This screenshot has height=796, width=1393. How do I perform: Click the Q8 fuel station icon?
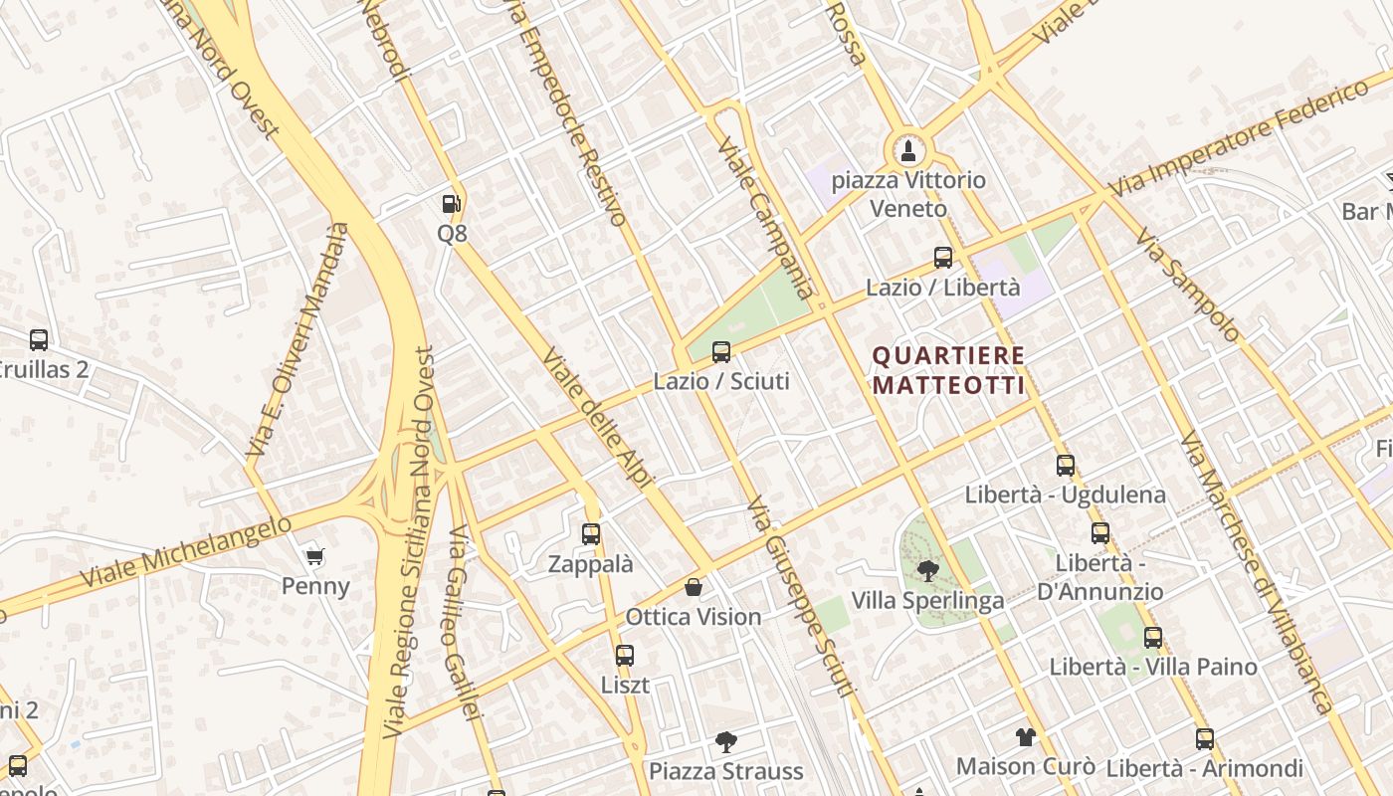452,204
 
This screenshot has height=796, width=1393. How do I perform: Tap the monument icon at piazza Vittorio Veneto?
906,151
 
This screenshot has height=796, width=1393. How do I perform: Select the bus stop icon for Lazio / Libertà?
943,258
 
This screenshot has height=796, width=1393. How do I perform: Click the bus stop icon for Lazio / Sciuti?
721,351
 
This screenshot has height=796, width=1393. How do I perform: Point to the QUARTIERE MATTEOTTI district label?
948,370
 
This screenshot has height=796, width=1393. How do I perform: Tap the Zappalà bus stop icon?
591,534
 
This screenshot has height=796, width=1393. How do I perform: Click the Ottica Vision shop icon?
694,587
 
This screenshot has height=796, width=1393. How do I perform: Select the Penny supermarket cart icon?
315,556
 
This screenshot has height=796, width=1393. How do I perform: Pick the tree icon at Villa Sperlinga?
927,571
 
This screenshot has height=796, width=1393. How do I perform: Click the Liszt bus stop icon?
625,656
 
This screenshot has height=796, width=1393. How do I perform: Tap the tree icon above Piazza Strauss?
726,741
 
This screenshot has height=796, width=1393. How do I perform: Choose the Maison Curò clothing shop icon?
1026,737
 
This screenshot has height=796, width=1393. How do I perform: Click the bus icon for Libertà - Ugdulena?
1066,465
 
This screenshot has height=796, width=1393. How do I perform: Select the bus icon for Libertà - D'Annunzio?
1099,532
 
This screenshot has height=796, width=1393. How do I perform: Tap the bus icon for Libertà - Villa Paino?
1153,637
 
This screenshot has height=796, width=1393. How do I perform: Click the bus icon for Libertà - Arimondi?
1205,739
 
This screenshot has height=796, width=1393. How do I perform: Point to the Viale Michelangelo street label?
186,551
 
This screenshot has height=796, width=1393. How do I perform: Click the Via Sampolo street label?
1187,285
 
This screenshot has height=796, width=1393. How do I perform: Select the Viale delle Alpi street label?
597,417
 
